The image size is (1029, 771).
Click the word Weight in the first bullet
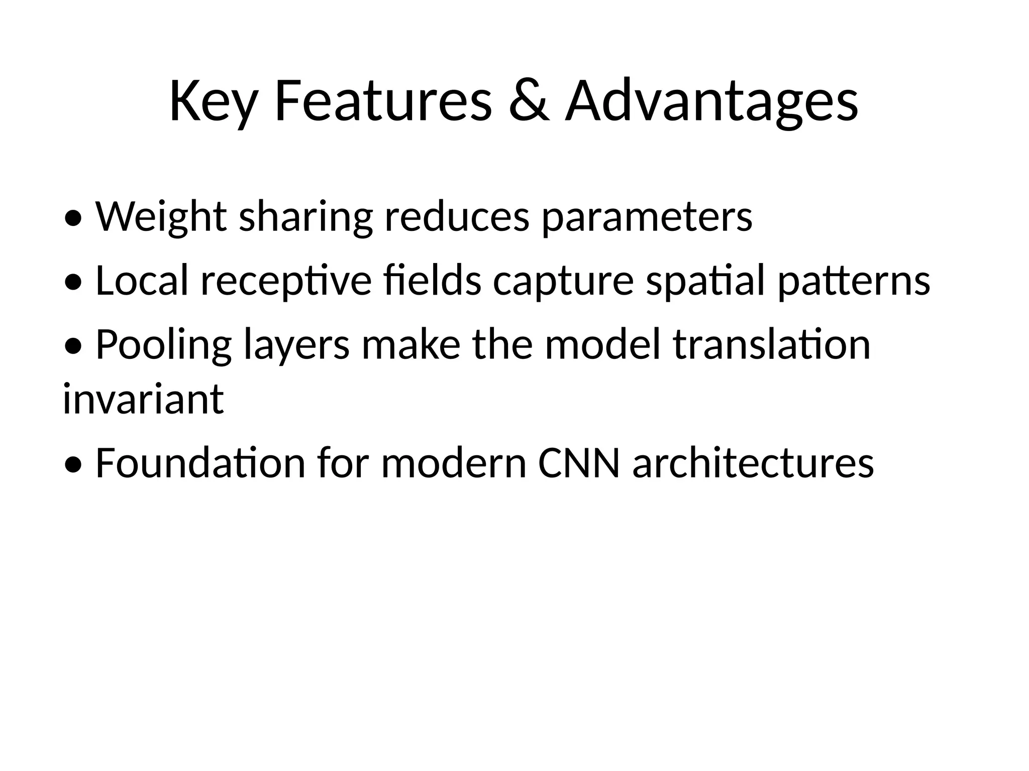pos(161,217)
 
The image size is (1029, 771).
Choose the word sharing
pos(305,217)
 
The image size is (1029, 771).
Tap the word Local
pos(142,280)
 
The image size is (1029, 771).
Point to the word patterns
pos(854,280)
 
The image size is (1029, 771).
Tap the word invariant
pos(143,399)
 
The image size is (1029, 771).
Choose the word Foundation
pos(200,463)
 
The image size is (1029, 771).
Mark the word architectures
pos(753,463)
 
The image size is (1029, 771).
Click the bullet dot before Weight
pos(73,219)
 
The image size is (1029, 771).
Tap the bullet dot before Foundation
pos(73,465)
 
